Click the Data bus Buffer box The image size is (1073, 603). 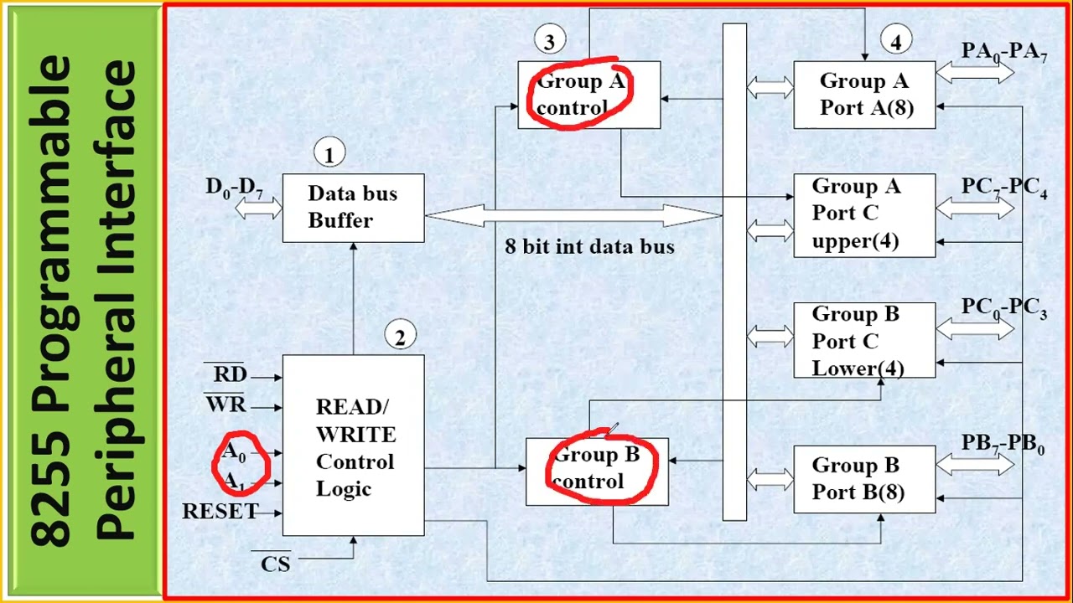click(353, 208)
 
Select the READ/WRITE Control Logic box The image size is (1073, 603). click(353, 446)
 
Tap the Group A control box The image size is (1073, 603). click(588, 95)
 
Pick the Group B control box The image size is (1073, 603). click(596, 472)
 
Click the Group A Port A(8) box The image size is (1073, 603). click(864, 95)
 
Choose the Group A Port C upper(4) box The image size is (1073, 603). click(864, 215)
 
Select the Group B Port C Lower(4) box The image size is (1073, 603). click(864, 341)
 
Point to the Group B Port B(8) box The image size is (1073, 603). click(864, 479)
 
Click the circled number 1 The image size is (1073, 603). click(329, 155)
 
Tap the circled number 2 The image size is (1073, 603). click(400, 338)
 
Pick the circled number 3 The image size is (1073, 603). click(549, 41)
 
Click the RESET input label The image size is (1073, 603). click(220, 511)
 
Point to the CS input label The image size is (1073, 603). click(275, 564)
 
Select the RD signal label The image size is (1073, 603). click(229, 374)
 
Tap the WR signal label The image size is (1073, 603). click(226, 405)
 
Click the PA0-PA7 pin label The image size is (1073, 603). click(1003, 51)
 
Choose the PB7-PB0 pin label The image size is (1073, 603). click(1003, 445)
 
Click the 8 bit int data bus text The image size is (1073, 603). click(589, 246)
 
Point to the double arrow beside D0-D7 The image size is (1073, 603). click(258, 209)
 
